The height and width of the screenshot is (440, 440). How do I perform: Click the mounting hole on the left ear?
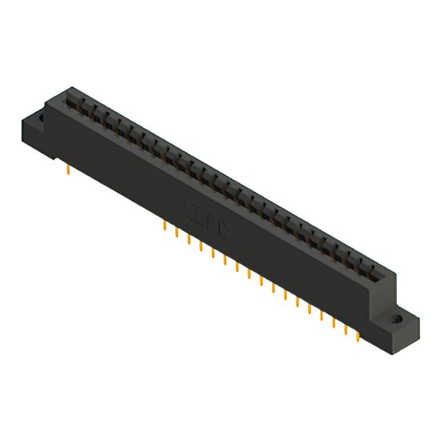point(40,119)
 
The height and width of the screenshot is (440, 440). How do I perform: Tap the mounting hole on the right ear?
point(397,320)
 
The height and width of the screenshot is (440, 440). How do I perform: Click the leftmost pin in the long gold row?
point(164,226)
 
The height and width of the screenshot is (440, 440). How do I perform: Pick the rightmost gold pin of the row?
point(357,336)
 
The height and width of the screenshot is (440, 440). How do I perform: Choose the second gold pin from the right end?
point(345,330)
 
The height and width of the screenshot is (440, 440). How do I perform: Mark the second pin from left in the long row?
point(177,232)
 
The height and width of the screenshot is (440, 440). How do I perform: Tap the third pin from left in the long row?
point(188,239)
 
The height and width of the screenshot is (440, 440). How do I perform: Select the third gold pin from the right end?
point(333,323)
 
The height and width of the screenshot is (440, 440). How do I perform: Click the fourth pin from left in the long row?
point(201,246)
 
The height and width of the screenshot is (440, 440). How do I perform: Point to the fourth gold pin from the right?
point(321,316)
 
